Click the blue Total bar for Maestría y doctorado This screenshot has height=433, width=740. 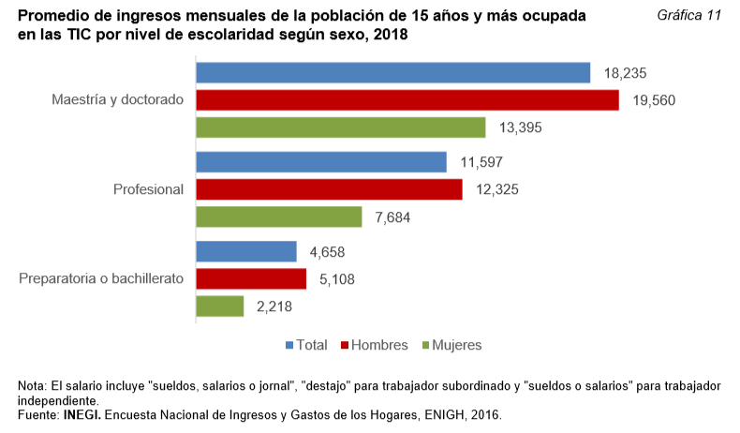tap(392, 73)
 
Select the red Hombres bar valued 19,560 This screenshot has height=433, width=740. tap(407, 100)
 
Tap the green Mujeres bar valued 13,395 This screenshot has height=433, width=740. tap(340, 127)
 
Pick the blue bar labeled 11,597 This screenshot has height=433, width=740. tap(320, 162)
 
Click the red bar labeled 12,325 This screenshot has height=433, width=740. tap(329, 189)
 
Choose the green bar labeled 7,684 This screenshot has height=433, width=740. tap(278, 216)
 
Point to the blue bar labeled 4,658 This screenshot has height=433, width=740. tap(245, 251)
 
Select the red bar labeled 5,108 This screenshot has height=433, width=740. tap(250, 278)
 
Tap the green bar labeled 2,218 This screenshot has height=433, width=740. tap(219, 306)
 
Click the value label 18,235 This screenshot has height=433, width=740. tap(626, 73)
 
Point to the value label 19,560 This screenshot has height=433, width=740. tap(654, 100)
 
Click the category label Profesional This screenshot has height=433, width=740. tap(148, 189)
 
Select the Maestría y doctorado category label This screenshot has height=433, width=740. tap(117, 100)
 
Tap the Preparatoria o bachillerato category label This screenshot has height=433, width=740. tap(101, 278)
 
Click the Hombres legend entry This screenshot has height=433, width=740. tap(379, 345)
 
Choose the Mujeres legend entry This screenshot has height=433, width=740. tap(452, 345)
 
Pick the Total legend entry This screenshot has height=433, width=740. tap(306, 345)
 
